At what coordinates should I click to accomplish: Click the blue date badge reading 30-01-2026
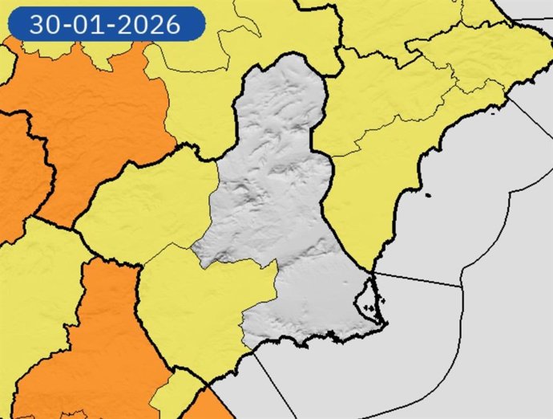point(104,24)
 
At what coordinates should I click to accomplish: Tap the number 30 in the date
point(44,25)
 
